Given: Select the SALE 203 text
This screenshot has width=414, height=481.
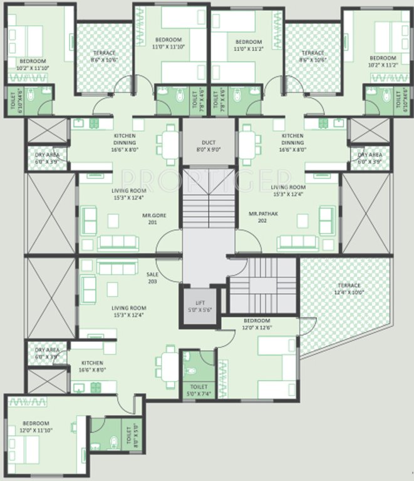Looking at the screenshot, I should tap(152, 278).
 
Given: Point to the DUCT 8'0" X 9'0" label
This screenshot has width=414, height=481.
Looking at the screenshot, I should tap(209, 146).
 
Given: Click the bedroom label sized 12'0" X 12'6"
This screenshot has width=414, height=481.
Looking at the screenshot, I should tap(257, 323).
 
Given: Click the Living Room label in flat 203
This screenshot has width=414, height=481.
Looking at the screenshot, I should tap(128, 311).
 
